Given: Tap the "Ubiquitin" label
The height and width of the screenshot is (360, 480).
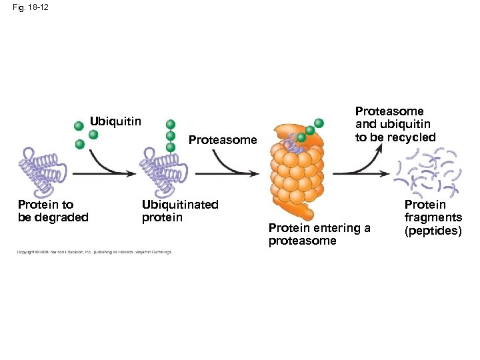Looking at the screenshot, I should click(116, 121).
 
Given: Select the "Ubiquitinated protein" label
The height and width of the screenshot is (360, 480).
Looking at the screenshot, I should click(180, 211).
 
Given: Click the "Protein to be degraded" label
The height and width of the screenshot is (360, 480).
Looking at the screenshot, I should click(53, 211).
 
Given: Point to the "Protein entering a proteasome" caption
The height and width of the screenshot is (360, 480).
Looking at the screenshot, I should click(319, 234).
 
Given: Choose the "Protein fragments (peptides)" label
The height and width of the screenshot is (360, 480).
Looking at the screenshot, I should click(433, 217).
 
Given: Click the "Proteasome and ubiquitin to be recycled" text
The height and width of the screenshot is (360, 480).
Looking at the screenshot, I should click(395, 124).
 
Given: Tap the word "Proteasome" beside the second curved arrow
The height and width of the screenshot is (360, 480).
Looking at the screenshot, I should click(223, 140).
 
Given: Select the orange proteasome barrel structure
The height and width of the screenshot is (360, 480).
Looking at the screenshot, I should click(294, 171).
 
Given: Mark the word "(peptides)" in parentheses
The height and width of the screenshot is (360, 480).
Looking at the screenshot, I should click(433, 231).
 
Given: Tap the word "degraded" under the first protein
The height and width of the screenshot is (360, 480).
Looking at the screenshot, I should click(63, 217).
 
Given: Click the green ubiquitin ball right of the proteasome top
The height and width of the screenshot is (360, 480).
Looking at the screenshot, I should click(319, 123).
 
